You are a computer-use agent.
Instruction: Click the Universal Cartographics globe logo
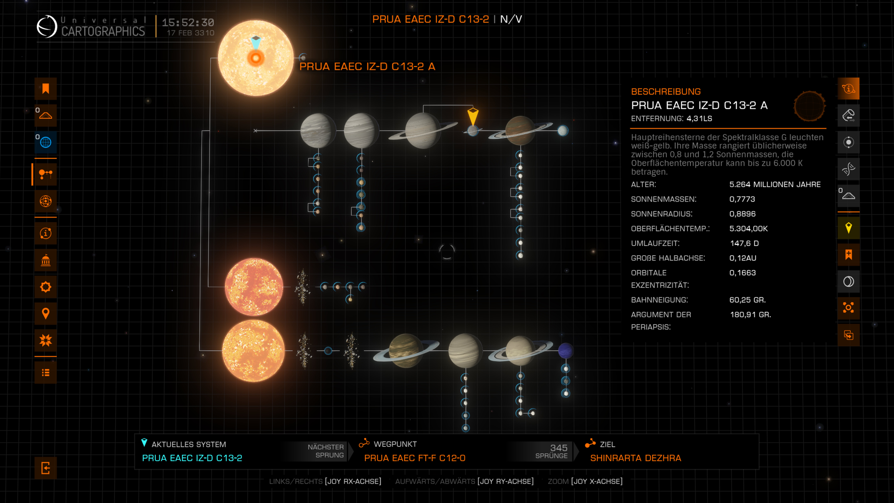pos(47,26)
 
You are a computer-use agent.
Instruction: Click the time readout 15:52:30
pos(188,23)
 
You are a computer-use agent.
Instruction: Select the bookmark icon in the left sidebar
pos(46,89)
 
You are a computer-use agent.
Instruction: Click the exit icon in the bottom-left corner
pos(46,468)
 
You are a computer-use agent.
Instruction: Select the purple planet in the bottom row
pos(566,351)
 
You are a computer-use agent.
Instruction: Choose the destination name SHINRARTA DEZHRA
pos(635,458)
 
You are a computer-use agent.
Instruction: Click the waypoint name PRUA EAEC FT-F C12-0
pos(415,458)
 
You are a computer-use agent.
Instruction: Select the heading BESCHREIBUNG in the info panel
pos(666,92)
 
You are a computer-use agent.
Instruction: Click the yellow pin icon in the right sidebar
pos(848,228)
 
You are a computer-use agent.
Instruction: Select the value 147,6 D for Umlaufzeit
pos(744,243)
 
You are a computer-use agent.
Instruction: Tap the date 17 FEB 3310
pos(191,33)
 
